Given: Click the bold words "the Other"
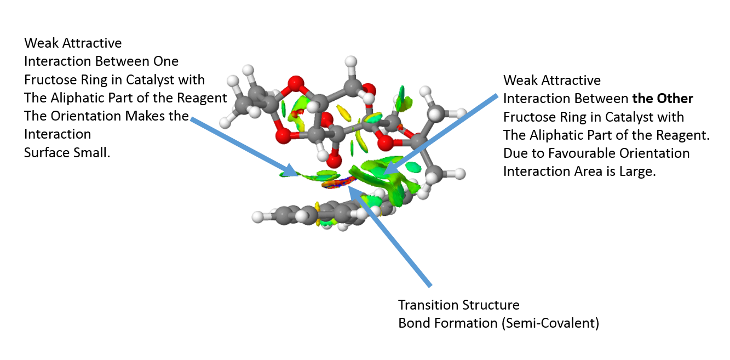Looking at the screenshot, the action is (x=663, y=99).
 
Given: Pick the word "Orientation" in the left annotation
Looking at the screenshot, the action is (x=86, y=116).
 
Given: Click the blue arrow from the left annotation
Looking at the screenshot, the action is (x=244, y=147).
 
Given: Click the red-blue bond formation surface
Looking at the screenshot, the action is (x=338, y=182).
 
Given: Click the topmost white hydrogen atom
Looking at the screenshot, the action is (x=351, y=61).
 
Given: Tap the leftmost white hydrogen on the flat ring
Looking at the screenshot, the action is (x=258, y=217).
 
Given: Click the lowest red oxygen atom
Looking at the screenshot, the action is (x=334, y=161).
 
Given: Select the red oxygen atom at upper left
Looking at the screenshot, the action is (x=296, y=84).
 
